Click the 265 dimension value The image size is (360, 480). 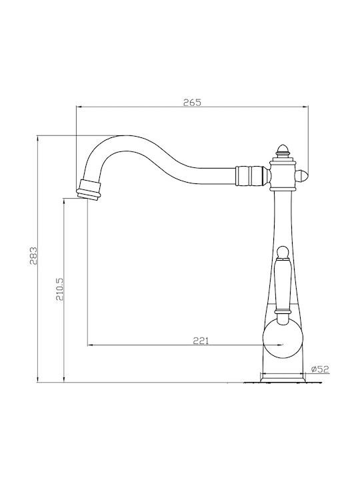click(192, 102)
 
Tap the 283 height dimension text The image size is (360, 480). click(33, 255)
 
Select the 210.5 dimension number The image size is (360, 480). click(59, 289)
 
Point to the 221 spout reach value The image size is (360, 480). click(201, 341)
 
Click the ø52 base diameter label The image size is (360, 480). click(319, 369)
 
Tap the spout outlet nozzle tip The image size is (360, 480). click(88, 191)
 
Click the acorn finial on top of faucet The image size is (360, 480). click(283, 150)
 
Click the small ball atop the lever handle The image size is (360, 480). click(282, 252)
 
